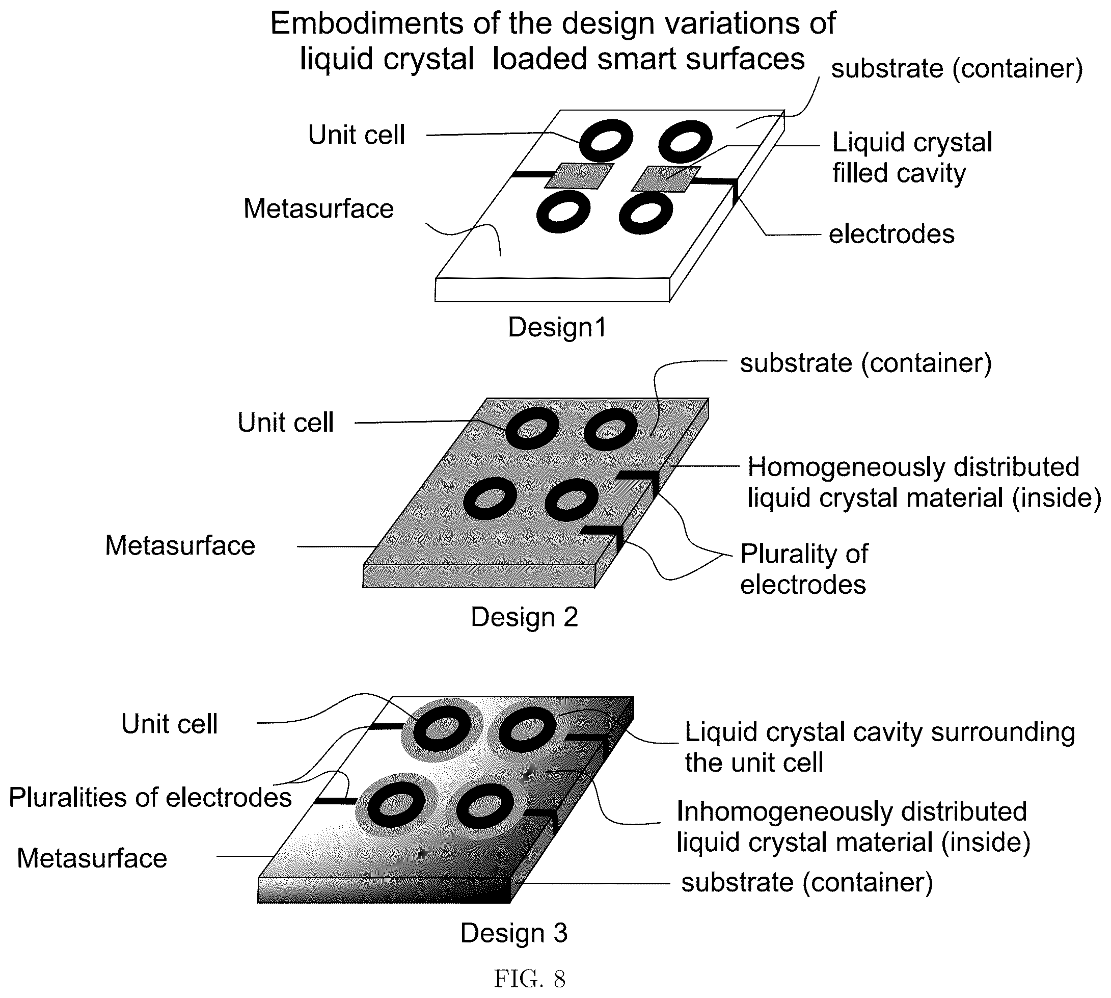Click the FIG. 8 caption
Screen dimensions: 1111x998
pyautogui.click(x=529, y=978)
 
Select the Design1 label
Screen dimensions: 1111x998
pyautogui.click(x=557, y=327)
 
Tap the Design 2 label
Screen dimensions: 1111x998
pyautogui.click(x=524, y=617)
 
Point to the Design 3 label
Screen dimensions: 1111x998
pyautogui.click(x=513, y=933)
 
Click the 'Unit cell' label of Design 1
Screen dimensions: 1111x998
pyautogui.click(x=356, y=135)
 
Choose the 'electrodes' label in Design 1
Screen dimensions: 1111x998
pyautogui.click(x=891, y=234)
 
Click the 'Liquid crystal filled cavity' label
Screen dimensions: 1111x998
pyautogui.click(x=912, y=158)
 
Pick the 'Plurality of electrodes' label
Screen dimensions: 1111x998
pyautogui.click(x=803, y=569)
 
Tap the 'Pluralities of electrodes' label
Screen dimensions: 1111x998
pyautogui.click(x=150, y=797)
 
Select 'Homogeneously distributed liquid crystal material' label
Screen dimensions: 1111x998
pyautogui.click(x=924, y=483)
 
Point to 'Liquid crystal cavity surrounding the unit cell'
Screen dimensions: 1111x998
pyautogui.click(x=880, y=747)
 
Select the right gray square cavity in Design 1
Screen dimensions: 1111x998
pyautogui.click(x=666, y=179)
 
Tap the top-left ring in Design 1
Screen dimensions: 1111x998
pyautogui.click(x=606, y=139)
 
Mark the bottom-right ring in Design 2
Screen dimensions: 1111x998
pyautogui.click(x=572, y=500)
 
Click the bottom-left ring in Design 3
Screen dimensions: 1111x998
pyautogui.click(x=396, y=805)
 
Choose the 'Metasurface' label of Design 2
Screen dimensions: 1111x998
pyautogui.click(x=180, y=545)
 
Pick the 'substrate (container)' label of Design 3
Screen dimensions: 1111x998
pyautogui.click(x=806, y=883)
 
